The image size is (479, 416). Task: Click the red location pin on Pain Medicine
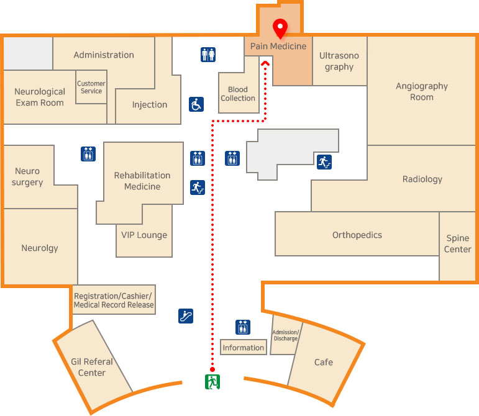280,28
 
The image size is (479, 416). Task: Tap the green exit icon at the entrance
212,381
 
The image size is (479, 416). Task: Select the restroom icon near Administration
208,55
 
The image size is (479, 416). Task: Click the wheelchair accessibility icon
196,104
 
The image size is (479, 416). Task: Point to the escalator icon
186,316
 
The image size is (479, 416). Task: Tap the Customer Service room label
91,88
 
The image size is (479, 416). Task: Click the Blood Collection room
238,94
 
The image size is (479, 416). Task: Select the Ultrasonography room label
339,61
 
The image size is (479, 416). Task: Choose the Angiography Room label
422,91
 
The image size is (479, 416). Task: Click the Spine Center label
458,244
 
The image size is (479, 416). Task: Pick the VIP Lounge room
144,235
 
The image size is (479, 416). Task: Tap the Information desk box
244,348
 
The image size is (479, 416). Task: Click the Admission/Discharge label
286,335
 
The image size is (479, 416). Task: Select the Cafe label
324,362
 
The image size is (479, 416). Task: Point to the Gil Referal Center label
92,367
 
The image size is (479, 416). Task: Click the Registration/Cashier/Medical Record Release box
114,301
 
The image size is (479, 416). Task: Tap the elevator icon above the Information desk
243,327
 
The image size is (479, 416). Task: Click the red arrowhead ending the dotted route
265,63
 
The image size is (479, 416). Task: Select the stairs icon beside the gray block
324,162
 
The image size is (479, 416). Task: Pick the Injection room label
150,104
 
